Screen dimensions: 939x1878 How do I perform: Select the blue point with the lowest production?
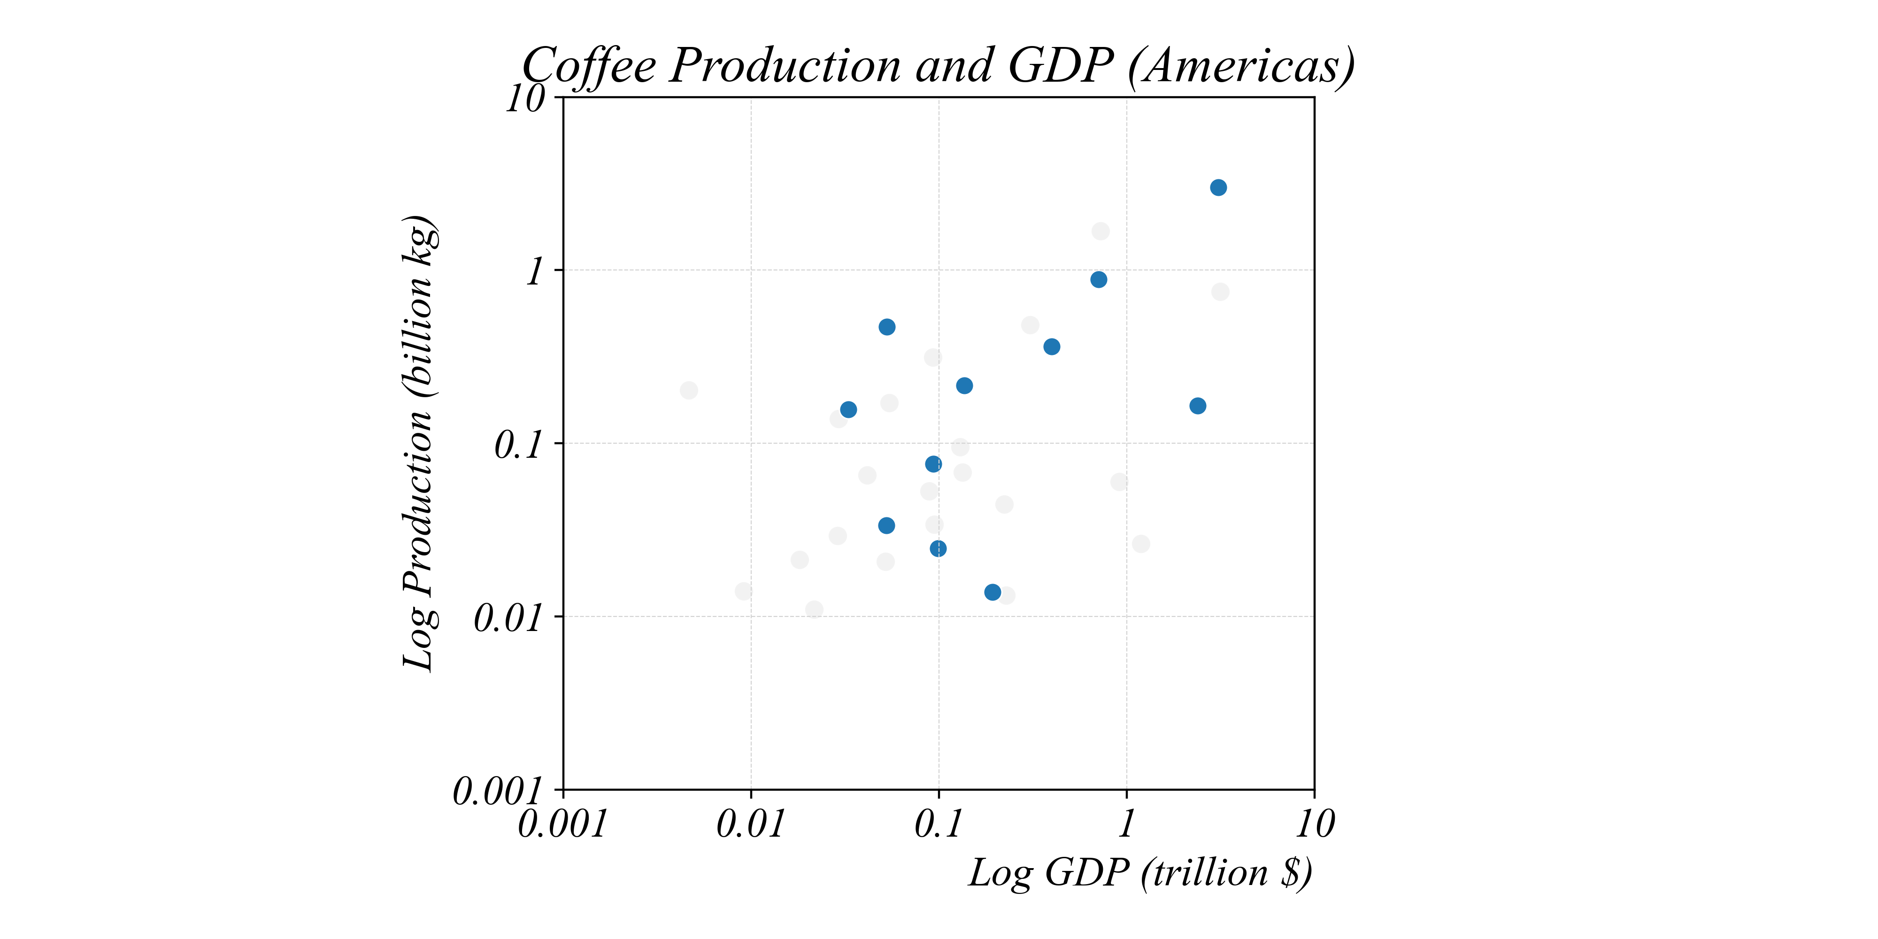tap(992, 592)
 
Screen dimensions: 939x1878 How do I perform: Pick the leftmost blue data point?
tap(848, 410)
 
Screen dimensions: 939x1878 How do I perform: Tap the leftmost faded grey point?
tap(689, 391)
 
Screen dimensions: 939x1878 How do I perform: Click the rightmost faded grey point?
tap(1220, 292)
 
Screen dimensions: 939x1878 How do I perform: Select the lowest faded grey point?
tap(814, 609)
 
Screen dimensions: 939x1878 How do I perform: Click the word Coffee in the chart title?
tap(589, 66)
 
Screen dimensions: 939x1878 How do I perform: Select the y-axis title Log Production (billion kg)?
tap(421, 443)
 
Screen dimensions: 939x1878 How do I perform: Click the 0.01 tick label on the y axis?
tap(508, 619)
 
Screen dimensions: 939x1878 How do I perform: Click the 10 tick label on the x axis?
tap(1315, 824)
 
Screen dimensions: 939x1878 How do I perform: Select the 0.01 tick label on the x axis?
tap(750, 824)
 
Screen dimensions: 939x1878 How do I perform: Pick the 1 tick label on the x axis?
tap(1126, 824)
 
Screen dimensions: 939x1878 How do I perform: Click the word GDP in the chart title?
tap(1061, 66)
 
